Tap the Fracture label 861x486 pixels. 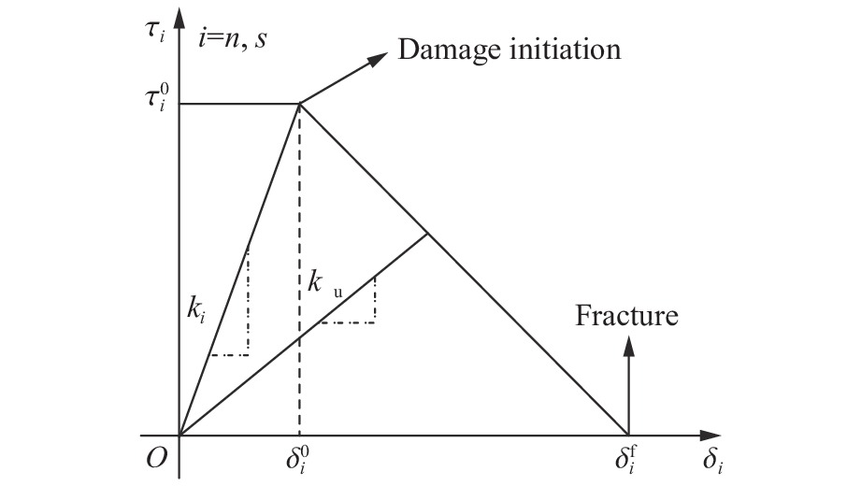pyautogui.click(x=625, y=316)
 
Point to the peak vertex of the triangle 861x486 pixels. pyautogui.click(x=299, y=103)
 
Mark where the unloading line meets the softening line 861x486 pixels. pyautogui.click(x=428, y=233)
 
